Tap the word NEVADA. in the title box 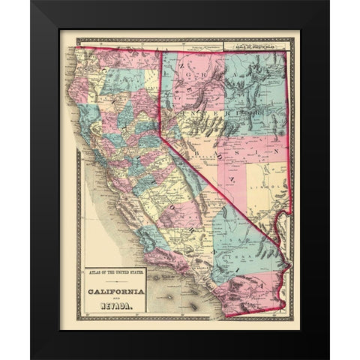(x=115, y=304)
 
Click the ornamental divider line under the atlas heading (x=115, y=279)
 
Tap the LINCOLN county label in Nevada (x=276, y=180)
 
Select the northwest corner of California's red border (x=76, y=48)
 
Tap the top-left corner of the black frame (x=31, y=1)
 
